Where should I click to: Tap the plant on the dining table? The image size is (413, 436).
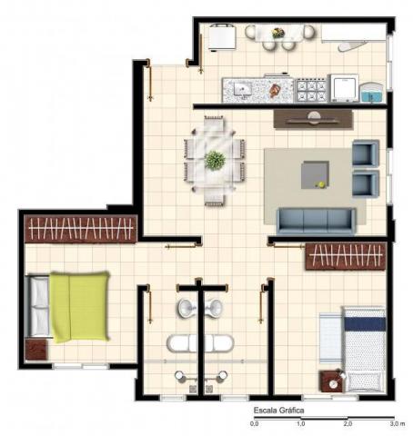(215, 160)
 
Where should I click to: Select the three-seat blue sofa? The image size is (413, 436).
(316, 222)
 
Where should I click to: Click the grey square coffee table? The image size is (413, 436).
(316, 174)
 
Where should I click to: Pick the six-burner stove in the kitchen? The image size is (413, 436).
(311, 90)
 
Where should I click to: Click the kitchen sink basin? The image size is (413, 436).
(243, 90)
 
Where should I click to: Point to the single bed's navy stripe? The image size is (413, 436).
(365, 324)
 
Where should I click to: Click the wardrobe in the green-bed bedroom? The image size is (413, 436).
(81, 229)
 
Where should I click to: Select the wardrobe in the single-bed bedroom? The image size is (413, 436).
(346, 256)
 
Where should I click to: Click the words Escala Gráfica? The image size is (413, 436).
(278, 411)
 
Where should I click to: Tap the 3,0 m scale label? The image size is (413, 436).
(398, 423)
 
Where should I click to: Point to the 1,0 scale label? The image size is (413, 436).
(301, 423)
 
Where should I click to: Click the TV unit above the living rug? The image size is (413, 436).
(314, 119)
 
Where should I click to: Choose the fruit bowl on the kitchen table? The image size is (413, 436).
(278, 33)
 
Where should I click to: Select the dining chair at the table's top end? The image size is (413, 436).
(214, 123)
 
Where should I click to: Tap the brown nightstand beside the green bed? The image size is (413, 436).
(36, 350)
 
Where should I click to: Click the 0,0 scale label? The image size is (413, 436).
(255, 423)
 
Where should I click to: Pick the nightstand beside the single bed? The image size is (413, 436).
(333, 381)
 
